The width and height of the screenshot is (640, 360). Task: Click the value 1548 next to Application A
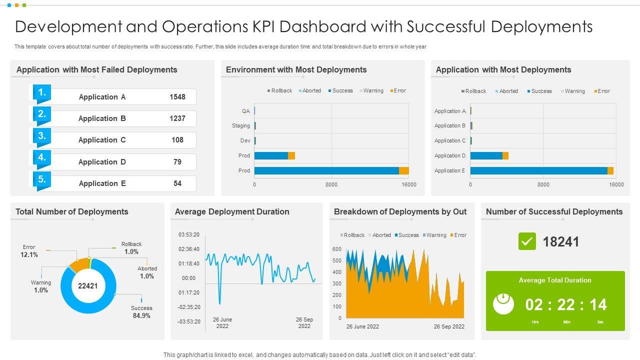[177, 97]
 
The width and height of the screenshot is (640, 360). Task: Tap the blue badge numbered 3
[42, 136]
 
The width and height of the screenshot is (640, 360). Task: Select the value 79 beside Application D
[177, 162]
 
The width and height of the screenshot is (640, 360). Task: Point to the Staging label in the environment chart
[241, 126]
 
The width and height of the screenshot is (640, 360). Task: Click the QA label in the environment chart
[245, 111]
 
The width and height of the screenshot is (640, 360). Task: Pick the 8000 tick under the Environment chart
[331, 185]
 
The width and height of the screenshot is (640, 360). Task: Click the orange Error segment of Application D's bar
[505, 155]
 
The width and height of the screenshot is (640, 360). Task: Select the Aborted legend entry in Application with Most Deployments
[506, 91]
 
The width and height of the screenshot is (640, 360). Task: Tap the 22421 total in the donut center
[88, 286]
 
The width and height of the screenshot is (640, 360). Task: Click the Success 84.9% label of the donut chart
[141, 312]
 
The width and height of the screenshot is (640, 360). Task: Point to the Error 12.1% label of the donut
[29, 251]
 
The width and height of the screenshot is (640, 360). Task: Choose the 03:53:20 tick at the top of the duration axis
[189, 234]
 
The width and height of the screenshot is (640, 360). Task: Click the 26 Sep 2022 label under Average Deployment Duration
[304, 323]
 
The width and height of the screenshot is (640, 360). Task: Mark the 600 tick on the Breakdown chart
[336, 249]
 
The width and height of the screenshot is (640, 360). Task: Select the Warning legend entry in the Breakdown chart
[434, 235]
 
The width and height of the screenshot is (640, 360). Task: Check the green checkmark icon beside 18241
[527, 241]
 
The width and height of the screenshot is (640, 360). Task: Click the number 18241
[561, 242]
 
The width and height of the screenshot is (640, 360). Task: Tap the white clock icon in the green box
[503, 303]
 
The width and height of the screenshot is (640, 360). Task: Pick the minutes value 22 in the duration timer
[566, 304]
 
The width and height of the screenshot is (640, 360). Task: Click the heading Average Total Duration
[555, 280]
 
